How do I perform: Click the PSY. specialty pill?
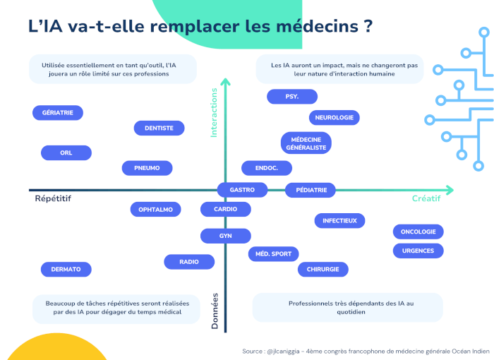coord(292,97)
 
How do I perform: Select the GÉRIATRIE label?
coord(58,112)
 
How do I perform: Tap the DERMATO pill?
coord(66,269)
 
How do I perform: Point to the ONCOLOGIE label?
coord(418,232)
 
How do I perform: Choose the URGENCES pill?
coord(418,251)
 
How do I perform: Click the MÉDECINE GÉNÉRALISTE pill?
coord(306,143)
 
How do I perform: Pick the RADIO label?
coord(189,262)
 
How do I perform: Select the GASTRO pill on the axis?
coord(242,190)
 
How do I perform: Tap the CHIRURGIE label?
coord(323,269)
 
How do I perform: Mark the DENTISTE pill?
coord(159,128)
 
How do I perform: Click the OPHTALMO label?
coord(156,210)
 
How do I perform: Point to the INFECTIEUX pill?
coord(339,221)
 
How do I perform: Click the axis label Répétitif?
coord(53,198)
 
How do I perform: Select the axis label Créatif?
coord(426,198)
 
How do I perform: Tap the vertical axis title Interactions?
coord(214,112)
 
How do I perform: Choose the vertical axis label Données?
coord(215,311)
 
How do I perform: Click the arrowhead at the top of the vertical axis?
coord(225,82)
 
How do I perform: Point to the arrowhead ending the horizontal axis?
coord(450,190)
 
